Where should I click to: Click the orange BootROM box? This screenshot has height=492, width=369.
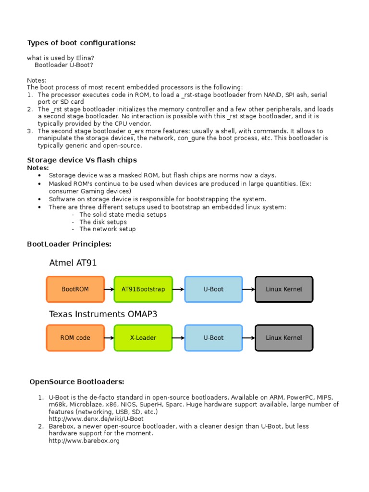click(x=75, y=289)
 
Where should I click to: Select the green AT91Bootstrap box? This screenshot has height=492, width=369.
click(x=143, y=289)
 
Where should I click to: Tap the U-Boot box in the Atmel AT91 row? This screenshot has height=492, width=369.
click(x=213, y=289)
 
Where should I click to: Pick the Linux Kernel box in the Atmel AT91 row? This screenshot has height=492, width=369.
click(x=283, y=289)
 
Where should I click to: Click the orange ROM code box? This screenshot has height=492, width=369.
click(x=75, y=338)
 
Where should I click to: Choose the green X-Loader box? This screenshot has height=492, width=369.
click(x=143, y=338)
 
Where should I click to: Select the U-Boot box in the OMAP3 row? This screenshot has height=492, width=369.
click(x=213, y=338)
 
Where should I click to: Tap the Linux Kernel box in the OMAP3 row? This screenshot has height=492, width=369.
click(x=283, y=338)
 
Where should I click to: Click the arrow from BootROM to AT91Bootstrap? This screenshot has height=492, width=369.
click(x=109, y=289)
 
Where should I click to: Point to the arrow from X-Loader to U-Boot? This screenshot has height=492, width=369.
click(x=178, y=338)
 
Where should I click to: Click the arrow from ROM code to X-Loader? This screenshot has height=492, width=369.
click(x=109, y=338)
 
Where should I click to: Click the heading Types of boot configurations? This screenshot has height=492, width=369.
click(x=81, y=43)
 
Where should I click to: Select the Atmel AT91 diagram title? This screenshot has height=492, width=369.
click(x=73, y=263)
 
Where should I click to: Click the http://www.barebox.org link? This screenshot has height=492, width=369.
click(x=84, y=441)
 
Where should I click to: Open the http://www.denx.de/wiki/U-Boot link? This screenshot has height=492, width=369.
click(x=96, y=419)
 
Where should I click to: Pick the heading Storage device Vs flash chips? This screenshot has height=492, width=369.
click(x=82, y=160)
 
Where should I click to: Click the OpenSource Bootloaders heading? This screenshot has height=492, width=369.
click(x=77, y=382)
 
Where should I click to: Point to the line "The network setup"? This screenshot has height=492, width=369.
click(x=108, y=229)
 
